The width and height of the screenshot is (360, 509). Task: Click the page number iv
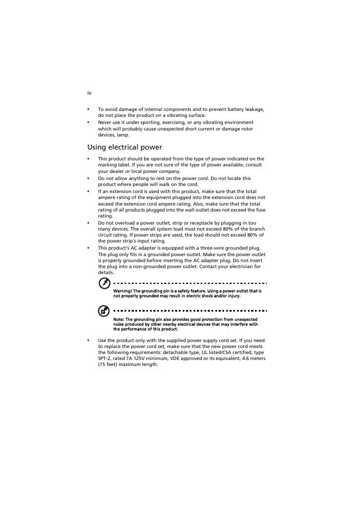pos(89,93)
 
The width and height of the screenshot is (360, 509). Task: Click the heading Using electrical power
pos(125,147)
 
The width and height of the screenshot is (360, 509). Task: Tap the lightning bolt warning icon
pos(104,283)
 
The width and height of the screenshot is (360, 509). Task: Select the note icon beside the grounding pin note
pos(104,311)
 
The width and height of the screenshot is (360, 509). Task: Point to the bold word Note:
pos(119,319)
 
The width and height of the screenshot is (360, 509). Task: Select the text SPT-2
pos(104,358)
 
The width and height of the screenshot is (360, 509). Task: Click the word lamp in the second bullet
pos(123,135)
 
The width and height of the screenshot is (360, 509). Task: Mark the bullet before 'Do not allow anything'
pos(89,178)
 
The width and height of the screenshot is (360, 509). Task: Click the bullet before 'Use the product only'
pos(89,340)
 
